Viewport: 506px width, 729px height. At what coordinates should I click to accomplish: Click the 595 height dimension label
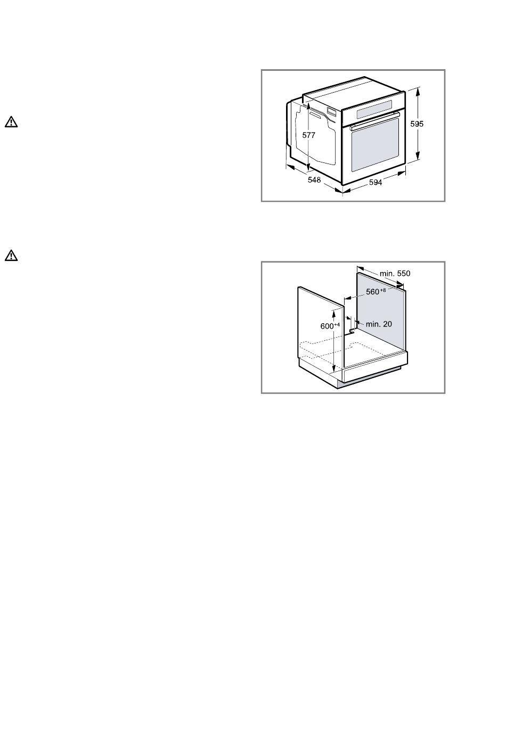417,124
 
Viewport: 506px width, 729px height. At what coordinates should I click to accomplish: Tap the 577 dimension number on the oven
308,135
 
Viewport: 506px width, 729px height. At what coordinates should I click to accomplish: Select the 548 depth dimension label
314,179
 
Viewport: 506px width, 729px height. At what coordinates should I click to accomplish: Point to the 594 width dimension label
375,183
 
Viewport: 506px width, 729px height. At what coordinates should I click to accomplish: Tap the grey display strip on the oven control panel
374,109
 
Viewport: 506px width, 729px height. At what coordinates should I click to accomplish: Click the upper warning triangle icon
11,122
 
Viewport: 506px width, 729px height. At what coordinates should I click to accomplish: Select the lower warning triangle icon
11,256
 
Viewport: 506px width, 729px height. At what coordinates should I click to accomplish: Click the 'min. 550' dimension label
395,273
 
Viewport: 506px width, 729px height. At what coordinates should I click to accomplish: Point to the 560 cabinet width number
372,292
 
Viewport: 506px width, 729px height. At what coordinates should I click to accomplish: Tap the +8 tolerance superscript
382,290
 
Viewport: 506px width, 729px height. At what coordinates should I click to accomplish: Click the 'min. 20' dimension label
379,324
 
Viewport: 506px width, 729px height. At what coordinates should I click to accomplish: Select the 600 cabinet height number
327,326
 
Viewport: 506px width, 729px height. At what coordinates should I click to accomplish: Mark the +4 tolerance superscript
337,324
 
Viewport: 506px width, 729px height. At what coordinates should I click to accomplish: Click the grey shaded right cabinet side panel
381,314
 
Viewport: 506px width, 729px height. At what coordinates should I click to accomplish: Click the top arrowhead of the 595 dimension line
418,91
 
